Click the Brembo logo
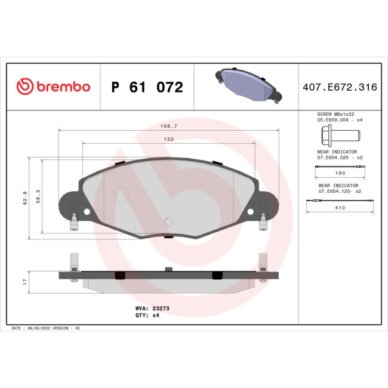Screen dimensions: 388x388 pyautogui.click(x=53, y=87)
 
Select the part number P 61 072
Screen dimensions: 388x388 pyautogui.click(x=147, y=88)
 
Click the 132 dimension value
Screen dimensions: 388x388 pyautogui.click(x=169, y=139)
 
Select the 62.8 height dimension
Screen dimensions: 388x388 pyautogui.click(x=25, y=198)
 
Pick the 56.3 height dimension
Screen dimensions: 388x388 pyautogui.click(x=38, y=196)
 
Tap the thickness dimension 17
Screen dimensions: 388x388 pyautogui.click(x=25, y=280)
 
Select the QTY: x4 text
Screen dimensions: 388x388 pyautogui.click(x=147, y=315)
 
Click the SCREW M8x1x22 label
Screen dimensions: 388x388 pyautogui.click(x=340, y=113)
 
